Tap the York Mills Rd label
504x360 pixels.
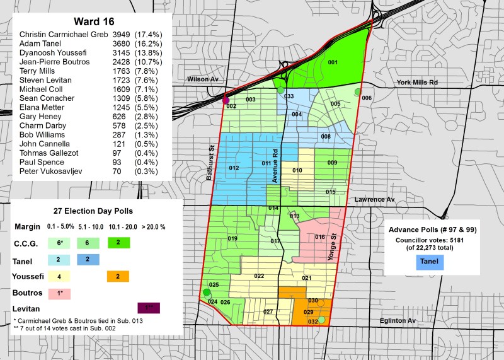[x=416, y=83]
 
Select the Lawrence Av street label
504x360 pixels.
[x=374, y=199]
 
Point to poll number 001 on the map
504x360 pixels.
[x=333, y=62]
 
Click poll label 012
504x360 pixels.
[x=234, y=168]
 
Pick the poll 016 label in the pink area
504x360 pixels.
[x=320, y=237]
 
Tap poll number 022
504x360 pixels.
[x=259, y=276]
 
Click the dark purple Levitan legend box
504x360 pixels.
[x=148, y=308]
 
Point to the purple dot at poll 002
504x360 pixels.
[x=226, y=100]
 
